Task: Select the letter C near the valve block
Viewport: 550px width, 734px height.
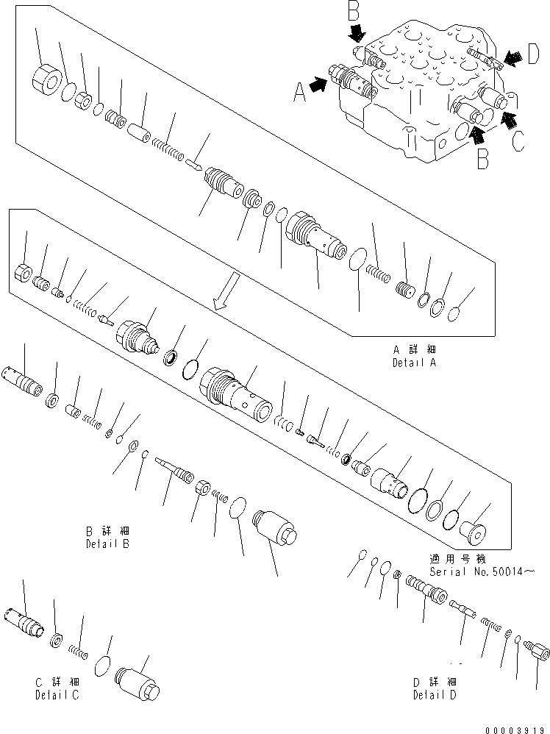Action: tap(518, 140)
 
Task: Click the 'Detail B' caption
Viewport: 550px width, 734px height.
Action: tap(107, 544)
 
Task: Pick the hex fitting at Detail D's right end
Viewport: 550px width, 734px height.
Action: tap(540, 652)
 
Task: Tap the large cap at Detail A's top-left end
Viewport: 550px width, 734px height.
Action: tap(46, 79)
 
